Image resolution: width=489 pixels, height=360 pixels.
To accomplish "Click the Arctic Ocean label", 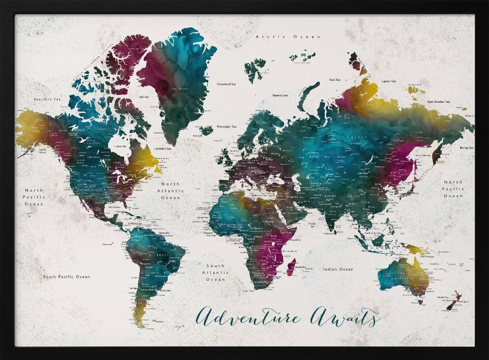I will coord(288,37).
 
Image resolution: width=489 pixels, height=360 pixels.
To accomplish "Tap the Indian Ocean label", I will coord(338,269).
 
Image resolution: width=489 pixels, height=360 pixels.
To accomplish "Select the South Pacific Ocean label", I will coord(67,277).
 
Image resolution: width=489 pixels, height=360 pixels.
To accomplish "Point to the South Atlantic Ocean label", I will coord(216,273).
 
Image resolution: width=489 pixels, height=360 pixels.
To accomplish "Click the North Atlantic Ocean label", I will coord(171,191).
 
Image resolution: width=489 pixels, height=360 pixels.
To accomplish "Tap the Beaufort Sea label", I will coord(47,99).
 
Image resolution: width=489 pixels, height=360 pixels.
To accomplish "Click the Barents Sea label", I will coord(280,95).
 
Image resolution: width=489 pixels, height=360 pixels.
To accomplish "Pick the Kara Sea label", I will coord(335,79).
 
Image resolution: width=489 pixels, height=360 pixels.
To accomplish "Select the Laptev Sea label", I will coord(388,81).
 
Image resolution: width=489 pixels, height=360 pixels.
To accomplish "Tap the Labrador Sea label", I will coord(162,149).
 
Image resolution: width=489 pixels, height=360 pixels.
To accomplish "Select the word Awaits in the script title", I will coord(345,318).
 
